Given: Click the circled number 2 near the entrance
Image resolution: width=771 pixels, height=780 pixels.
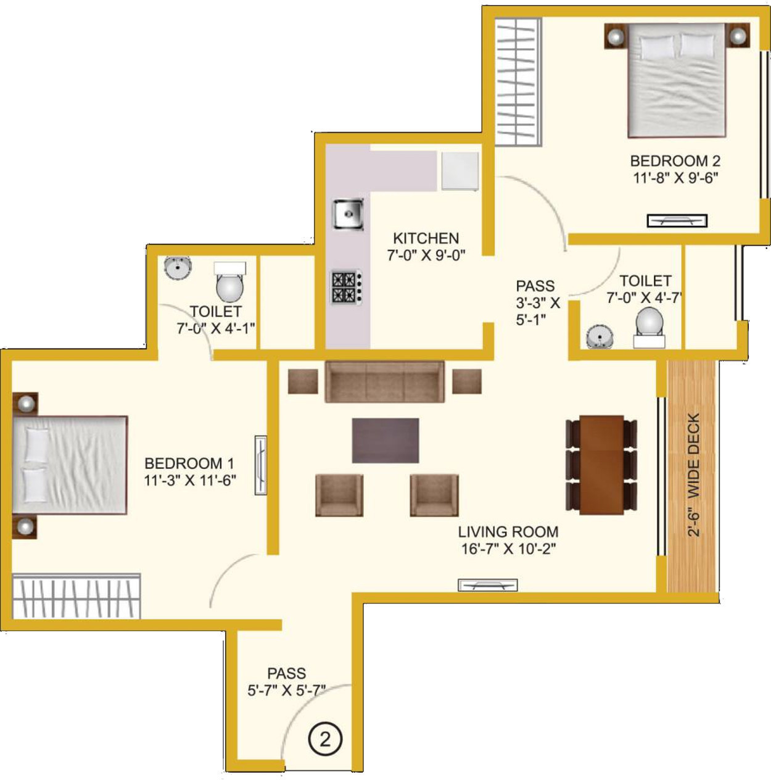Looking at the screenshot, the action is tap(325, 740).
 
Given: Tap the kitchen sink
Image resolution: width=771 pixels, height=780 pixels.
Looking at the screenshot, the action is tap(348, 214).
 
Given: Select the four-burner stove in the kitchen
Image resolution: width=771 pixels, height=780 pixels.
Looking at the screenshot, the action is tap(347, 287).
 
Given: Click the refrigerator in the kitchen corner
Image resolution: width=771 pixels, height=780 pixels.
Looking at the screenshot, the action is tap(460, 170).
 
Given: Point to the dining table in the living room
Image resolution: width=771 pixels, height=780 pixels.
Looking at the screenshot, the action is tap(601, 465).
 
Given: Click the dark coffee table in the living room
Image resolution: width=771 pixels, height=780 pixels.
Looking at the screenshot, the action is tap(385, 441).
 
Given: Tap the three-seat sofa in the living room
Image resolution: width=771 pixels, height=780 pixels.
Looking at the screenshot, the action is tap(384, 382).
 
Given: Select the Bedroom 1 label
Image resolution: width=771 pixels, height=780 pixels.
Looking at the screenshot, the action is tap(189, 463).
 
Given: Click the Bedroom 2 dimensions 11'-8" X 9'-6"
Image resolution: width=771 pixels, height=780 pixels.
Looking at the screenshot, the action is tap(675, 178).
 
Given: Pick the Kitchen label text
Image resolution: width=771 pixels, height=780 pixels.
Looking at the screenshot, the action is tap(426, 238).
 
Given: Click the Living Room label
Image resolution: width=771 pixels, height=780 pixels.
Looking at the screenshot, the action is tap(508, 531).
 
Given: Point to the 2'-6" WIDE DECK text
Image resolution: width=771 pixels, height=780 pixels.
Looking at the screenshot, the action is tap(694, 475).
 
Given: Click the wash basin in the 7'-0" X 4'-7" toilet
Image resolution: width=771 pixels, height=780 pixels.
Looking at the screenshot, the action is tap(600, 336).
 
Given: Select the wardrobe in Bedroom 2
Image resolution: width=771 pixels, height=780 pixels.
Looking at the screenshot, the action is tap(519, 83).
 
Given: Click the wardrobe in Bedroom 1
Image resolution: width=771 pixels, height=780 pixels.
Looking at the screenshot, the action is tap(76, 596).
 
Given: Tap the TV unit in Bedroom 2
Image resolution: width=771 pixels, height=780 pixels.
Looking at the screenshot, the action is tap(677, 220).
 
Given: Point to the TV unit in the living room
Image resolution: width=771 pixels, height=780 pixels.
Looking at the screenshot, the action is tap(488, 585).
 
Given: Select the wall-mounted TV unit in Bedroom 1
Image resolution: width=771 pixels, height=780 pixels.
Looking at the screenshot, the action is tap(261, 465).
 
